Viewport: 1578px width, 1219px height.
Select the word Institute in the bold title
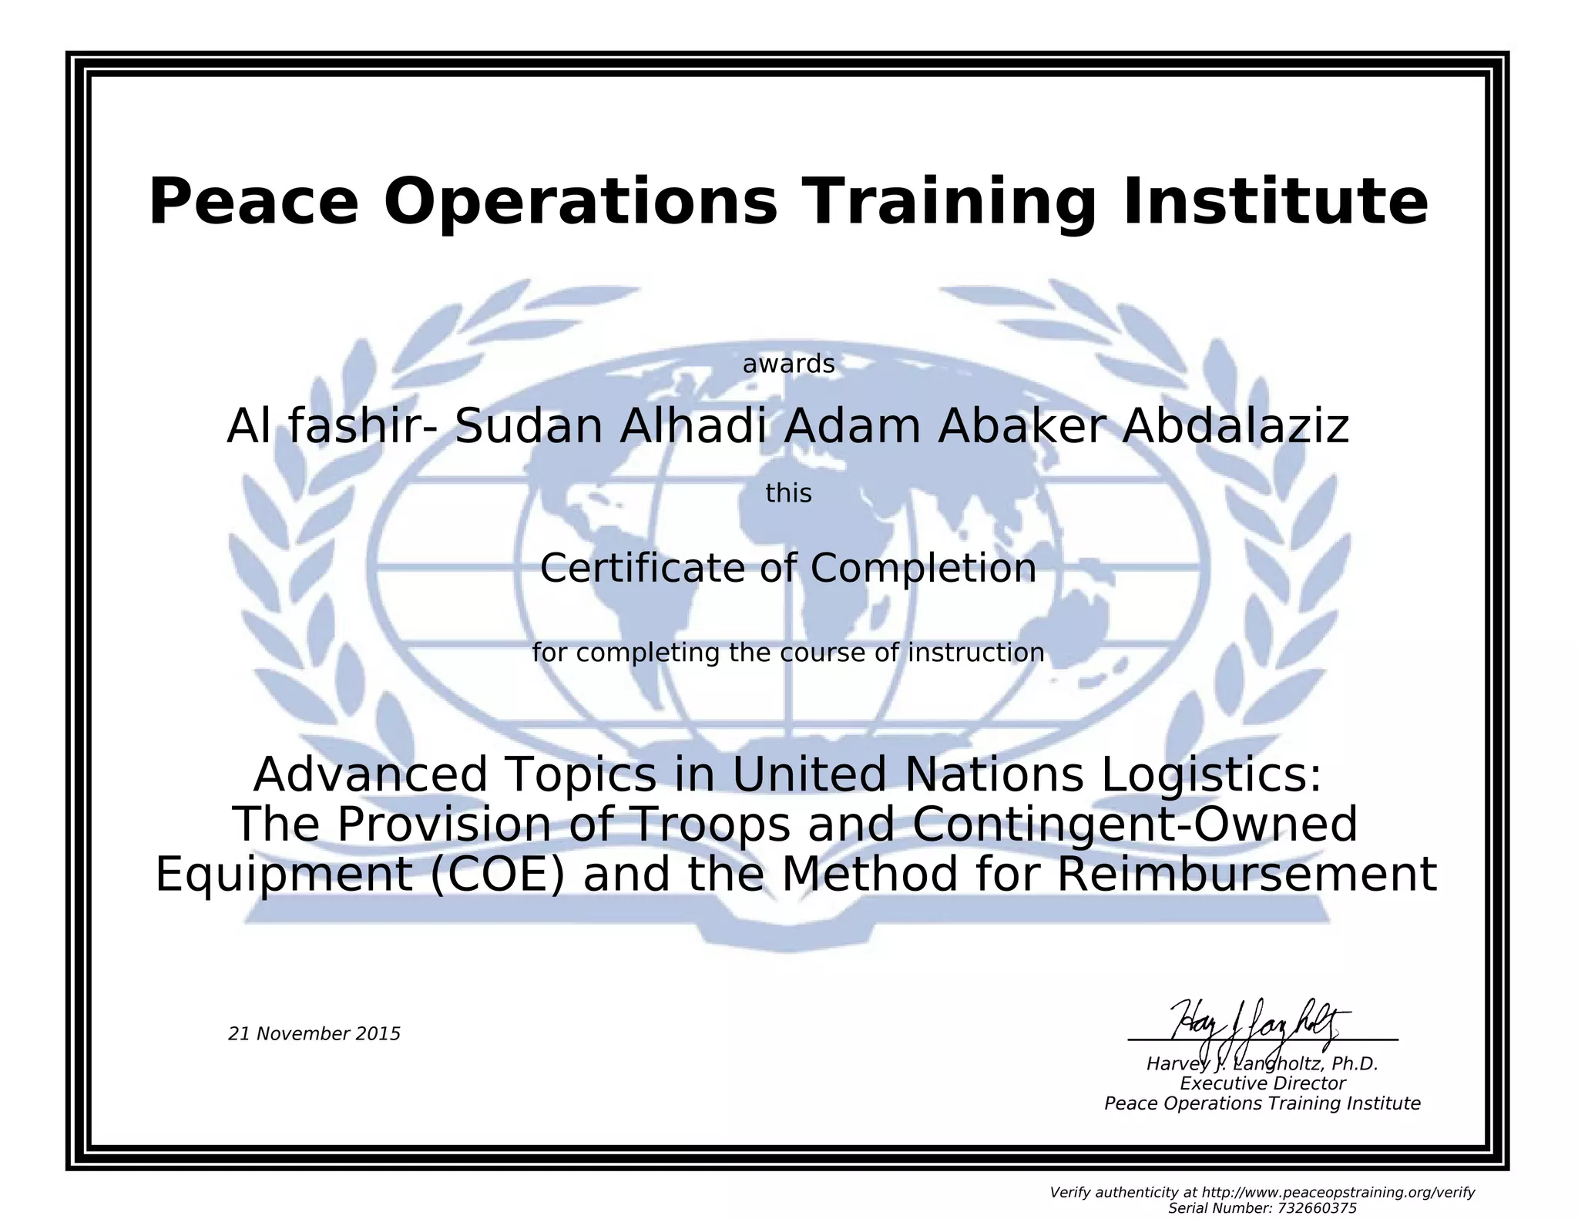click(x=1274, y=202)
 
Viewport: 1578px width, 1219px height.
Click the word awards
click(x=788, y=364)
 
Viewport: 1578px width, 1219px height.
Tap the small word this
click(x=788, y=493)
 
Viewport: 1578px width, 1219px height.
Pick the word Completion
click(x=923, y=569)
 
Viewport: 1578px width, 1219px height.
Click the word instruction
click(x=976, y=653)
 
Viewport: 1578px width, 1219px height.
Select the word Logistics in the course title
click(x=1210, y=775)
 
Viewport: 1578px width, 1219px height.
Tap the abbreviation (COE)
click(x=498, y=875)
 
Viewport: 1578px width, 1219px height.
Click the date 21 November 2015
click(x=314, y=1034)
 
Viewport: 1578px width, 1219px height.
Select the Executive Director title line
click(x=1262, y=1083)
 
